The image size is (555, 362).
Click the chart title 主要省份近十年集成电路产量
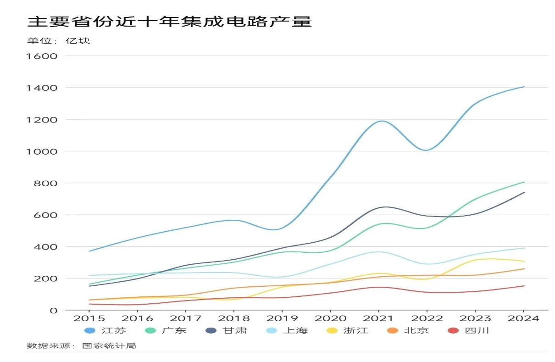[170, 22]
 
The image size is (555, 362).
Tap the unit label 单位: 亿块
[59, 41]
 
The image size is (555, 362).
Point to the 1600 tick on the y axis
[42, 56]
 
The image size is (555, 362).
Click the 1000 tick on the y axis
[42, 151]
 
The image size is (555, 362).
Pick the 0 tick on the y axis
[54, 311]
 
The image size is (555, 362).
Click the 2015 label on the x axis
[89, 318]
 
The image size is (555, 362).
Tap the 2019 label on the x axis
[283, 318]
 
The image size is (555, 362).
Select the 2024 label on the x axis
[524, 318]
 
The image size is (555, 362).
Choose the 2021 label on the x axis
[379, 318]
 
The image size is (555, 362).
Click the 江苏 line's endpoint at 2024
[524, 87]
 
